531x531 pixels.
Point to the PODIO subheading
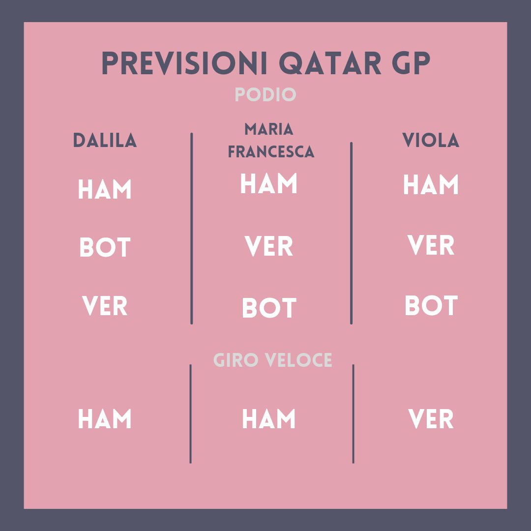265,94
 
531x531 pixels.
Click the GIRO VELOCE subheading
273,360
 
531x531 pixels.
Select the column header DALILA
105,141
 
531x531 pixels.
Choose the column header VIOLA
431,141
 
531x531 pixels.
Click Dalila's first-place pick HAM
105,190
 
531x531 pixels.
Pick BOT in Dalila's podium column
105,248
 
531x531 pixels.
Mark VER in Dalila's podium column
105,306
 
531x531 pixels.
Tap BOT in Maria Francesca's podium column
269,308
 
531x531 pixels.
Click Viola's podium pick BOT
431,305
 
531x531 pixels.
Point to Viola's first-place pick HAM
431,185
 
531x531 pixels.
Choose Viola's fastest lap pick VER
431,419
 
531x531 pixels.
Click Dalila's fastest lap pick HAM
105,419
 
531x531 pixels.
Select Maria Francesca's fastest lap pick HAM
269,419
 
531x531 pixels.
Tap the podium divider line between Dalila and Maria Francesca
191,229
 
